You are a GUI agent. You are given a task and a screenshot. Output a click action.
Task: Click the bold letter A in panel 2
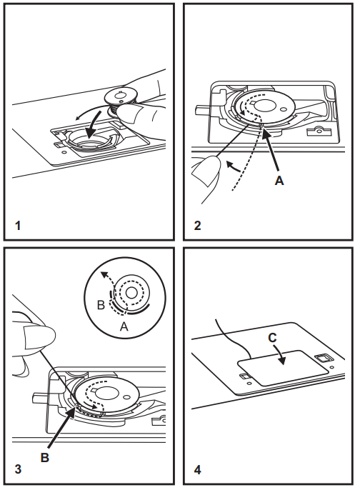(280, 181)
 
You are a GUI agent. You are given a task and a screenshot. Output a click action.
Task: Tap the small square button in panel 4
(323, 358)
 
